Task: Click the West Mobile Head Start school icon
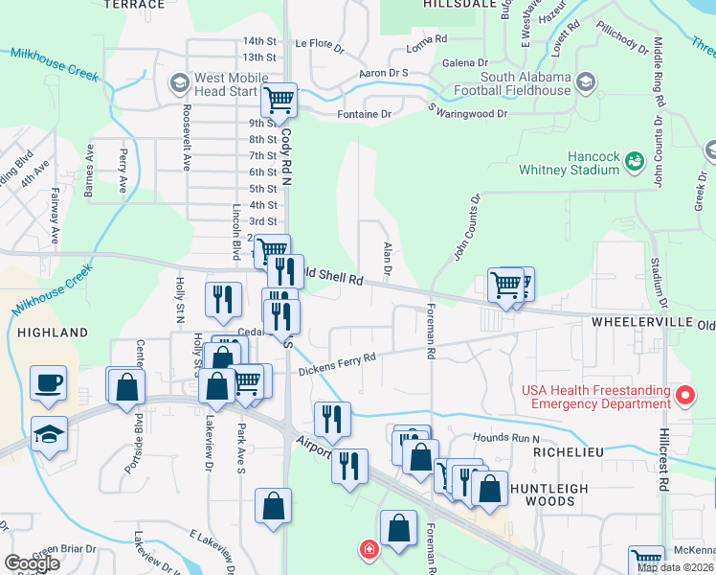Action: tap(179, 83)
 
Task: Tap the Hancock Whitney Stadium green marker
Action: tap(634, 163)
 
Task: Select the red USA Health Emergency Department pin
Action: tap(685, 395)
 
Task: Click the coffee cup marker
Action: tap(49, 384)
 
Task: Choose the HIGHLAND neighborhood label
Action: tap(53, 333)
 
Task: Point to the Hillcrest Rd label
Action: tap(668, 470)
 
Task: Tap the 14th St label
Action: tap(259, 41)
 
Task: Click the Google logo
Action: tap(32, 563)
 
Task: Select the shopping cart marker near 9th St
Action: tap(279, 100)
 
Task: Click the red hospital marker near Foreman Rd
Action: tap(368, 549)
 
